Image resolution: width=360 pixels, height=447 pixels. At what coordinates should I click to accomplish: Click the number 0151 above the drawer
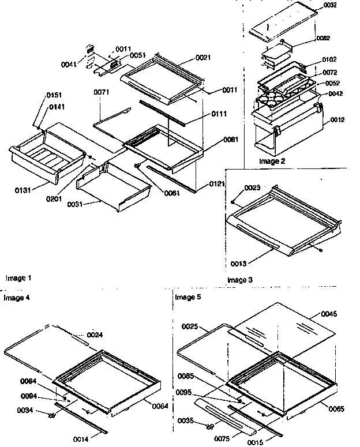coord(55,95)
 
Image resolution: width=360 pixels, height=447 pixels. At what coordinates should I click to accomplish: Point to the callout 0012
coord(339,120)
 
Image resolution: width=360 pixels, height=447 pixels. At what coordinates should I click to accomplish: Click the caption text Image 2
coord(272,161)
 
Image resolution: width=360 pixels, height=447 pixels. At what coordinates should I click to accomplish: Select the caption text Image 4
coord(17,298)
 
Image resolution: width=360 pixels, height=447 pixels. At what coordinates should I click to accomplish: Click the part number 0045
coord(329,314)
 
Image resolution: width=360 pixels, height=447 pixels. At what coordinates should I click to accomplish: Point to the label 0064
coord(160,406)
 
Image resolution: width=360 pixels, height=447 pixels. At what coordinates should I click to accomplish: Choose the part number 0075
coord(221,439)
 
